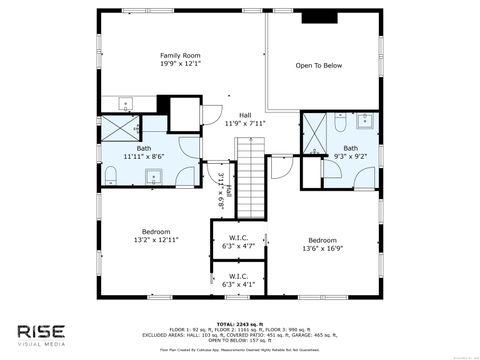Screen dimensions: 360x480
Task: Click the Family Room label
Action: pyautogui.click(x=181, y=59)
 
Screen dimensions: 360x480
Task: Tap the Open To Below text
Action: pyautogui.click(x=318, y=65)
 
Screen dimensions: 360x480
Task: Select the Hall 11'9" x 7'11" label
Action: pyautogui.click(x=245, y=119)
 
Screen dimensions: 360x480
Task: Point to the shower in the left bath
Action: pyautogui.click(x=124, y=126)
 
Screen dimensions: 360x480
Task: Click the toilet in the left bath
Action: pyautogui.click(x=113, y=175)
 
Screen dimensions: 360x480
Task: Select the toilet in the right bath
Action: pyautogui.click(x=341, y=126)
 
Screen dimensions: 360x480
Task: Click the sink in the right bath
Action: pyautogui.click(x=365, y=123)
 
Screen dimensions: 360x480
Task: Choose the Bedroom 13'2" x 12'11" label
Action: pyautogui.click(x=156, y=235)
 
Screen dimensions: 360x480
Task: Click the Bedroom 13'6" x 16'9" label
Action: pyautogui.click(x=322, y=244)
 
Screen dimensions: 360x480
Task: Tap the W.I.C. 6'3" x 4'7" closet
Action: pyautogui.click(x=238, y=241)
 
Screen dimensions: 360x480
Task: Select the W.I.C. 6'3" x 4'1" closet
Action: pyautogui.click(x=238, y=280)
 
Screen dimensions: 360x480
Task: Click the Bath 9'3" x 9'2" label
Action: pyautogui.click(x=350, y=153)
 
